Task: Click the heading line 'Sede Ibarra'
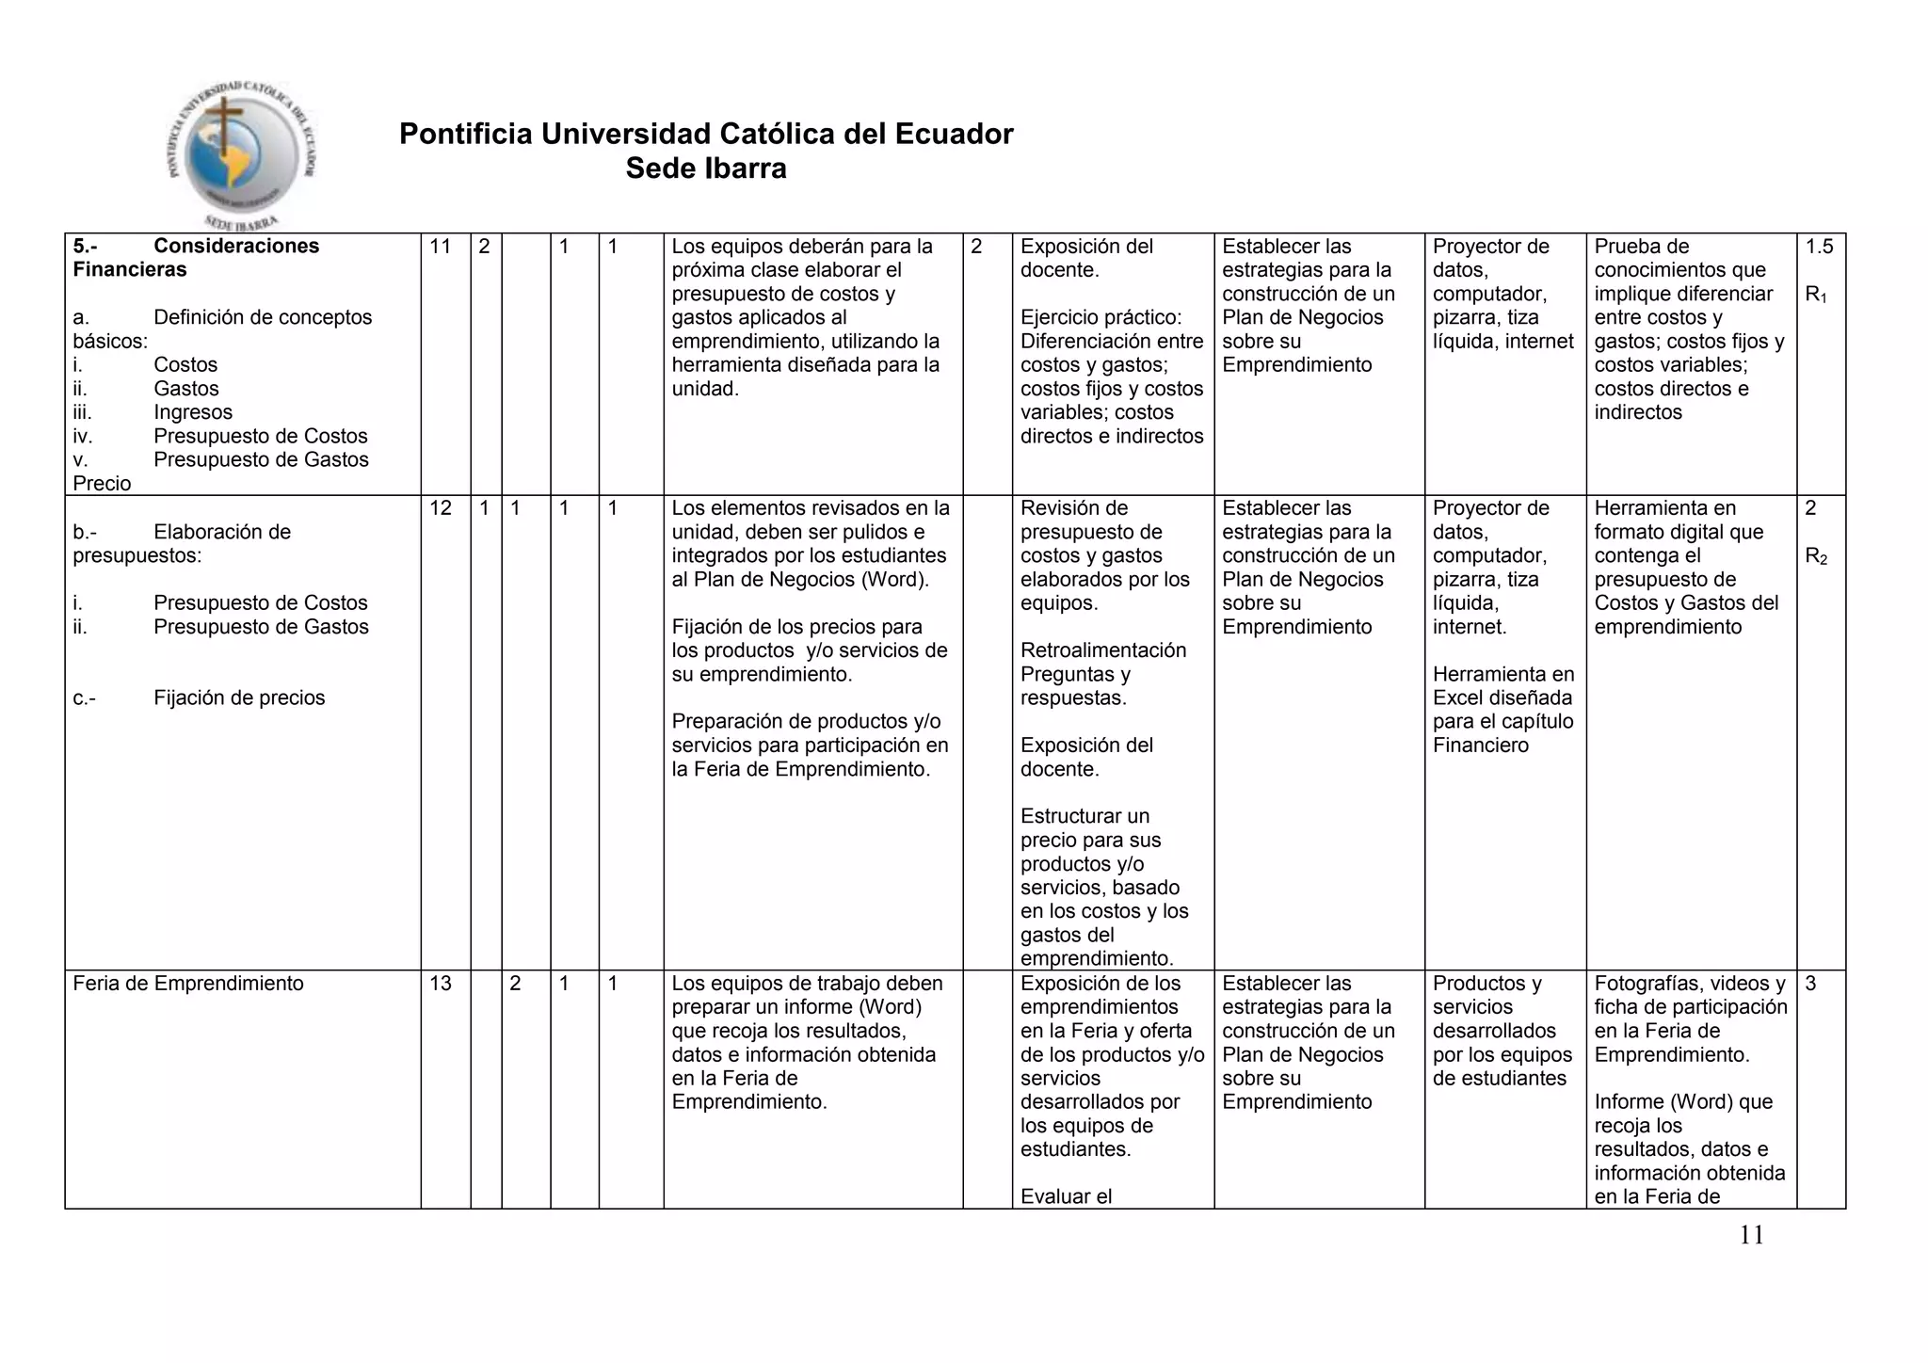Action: point(706,168)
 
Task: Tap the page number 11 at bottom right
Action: point(1751,1235)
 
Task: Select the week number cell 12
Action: point(441,508)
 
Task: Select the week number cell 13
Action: point(441,984)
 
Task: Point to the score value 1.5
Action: point(1819,247)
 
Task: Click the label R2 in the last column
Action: point(1816,556)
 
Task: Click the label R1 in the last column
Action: point(1816,295)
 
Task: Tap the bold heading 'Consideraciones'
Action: point(236,247)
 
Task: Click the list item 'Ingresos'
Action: point(193,412)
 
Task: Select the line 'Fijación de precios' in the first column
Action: point(239,698)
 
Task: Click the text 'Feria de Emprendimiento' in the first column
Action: point(188,984)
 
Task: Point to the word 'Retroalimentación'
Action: point(1103,650)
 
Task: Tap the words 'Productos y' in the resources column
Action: point(1486,984)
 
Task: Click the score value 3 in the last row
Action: point(1811,984)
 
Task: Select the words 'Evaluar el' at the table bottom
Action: point(1066,1196)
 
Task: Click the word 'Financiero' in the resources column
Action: point(1481,746)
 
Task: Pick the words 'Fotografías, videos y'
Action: point(1689,984)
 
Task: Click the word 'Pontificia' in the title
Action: point(465,134)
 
